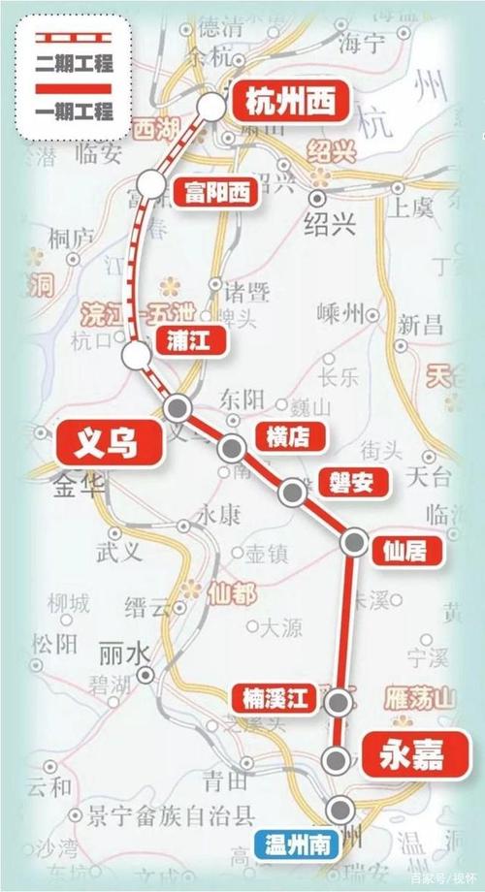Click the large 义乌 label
pyautogui.click(x=106, y=444)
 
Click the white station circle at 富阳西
pyautogui.click(x=150, y=183)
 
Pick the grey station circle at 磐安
pyautogui.click(x=291, y=493)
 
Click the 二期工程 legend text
pyautogui.click(x=74, y=67)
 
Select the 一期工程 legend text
pyautogui.click(x=74, y=111)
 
